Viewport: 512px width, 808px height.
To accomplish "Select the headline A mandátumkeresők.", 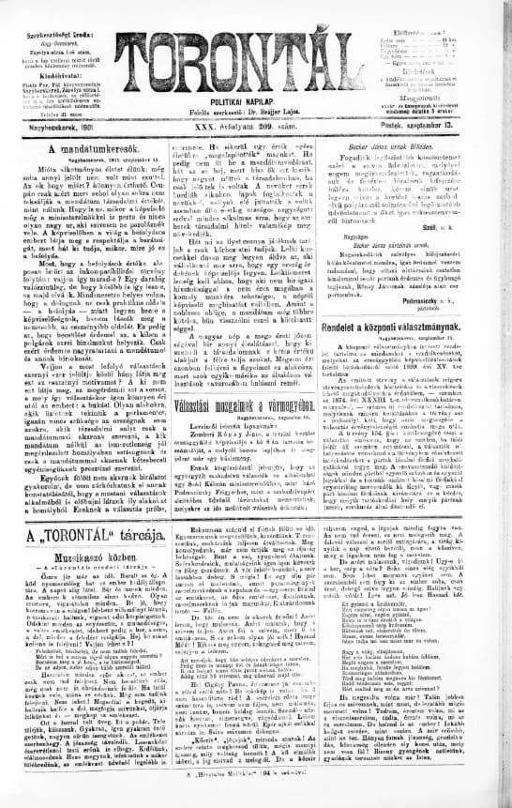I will coord(88,149).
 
